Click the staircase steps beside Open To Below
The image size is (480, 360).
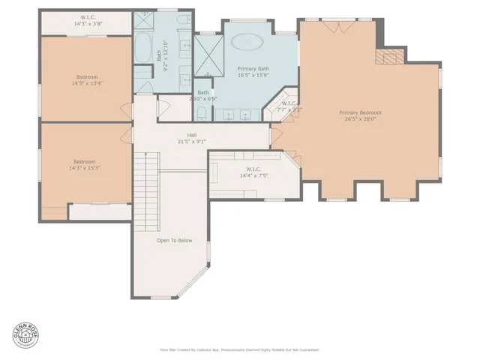[148, 187]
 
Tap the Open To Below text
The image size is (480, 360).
[174, 241]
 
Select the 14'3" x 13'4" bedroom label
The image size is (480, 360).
[86, 83]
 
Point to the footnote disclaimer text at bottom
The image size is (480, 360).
[239, 349]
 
